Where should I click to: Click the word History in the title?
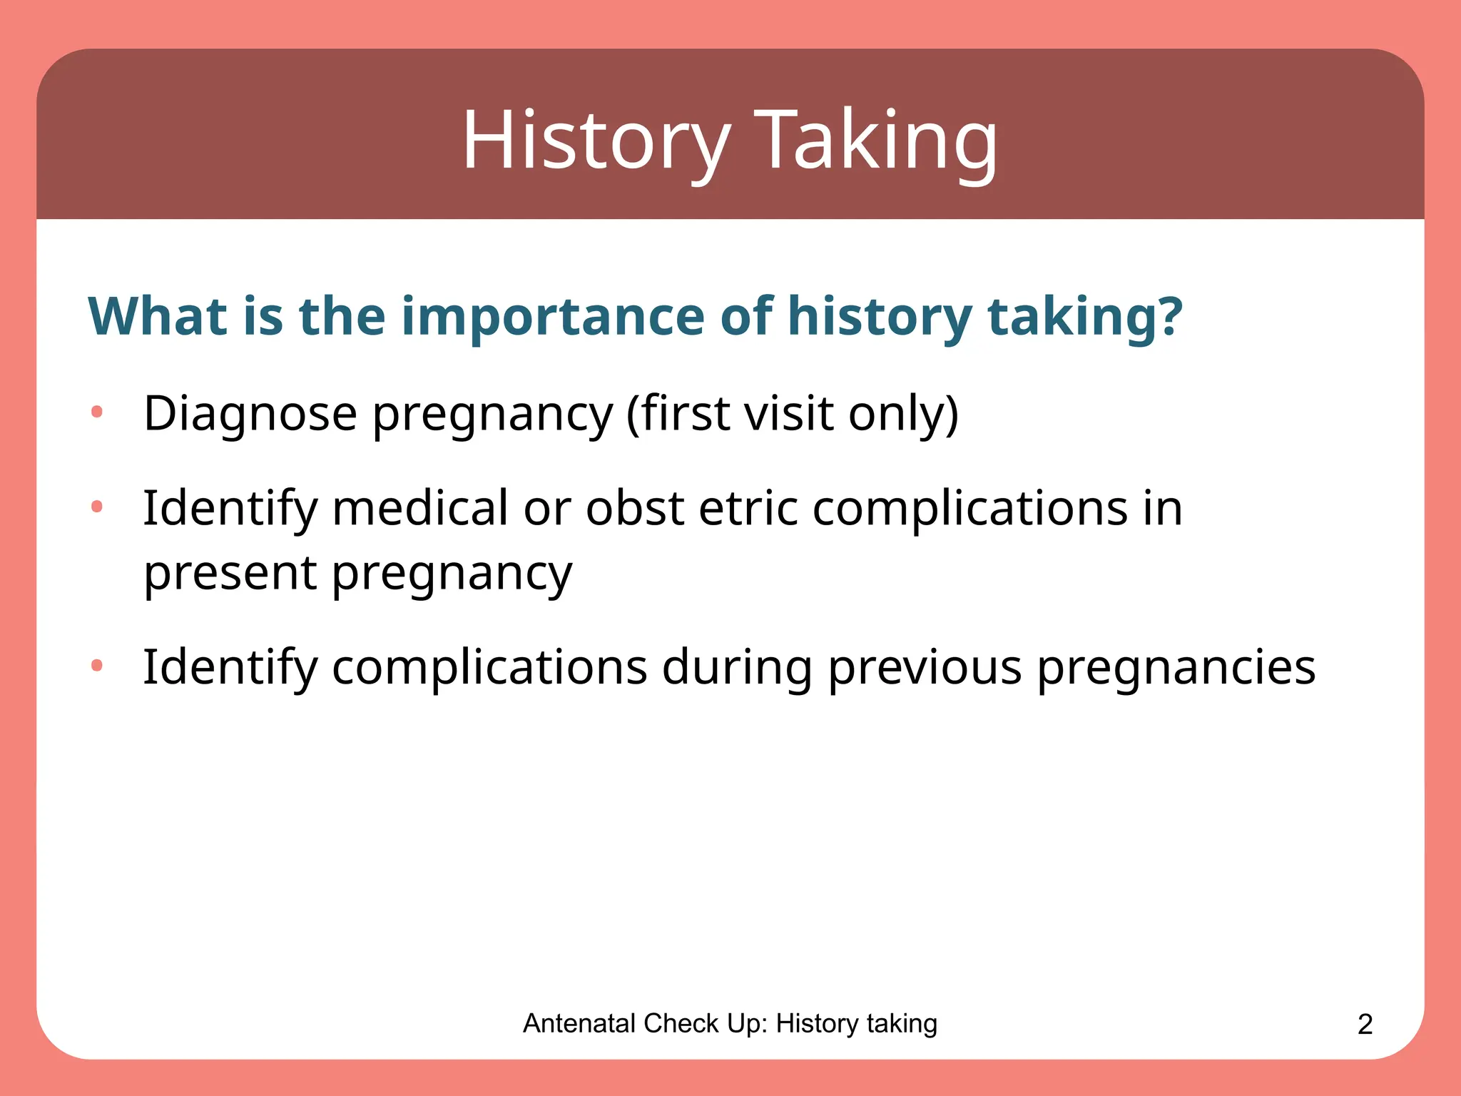[x=596, y=140]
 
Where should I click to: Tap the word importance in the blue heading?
[x=553, y=316]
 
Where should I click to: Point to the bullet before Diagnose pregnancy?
[x=97, y=412]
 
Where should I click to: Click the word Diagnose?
[x=250, y=413]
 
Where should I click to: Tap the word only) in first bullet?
[x=903, y=413]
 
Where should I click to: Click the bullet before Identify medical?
[x=97, y=507]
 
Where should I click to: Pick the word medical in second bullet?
[x=420, y=508]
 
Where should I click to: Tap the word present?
[x=230, y=573]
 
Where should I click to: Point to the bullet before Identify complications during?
[x=97, y=666]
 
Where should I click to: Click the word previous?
[x=925, y=667]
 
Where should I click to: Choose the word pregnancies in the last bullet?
[x=1176, y=669]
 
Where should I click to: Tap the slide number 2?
[x=1365, y=1025]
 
